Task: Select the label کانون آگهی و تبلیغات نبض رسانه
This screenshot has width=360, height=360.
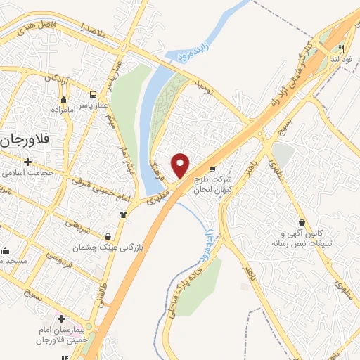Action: click(295, 238)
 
